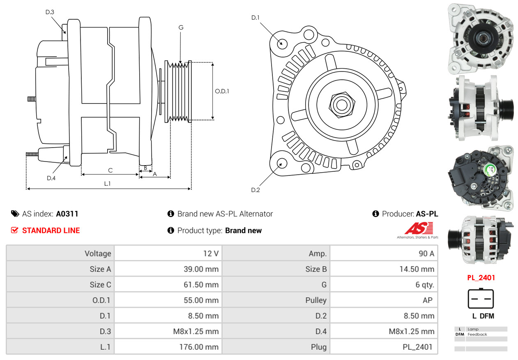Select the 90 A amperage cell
[x=426, y=254]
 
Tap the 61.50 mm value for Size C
[x=201, y=284]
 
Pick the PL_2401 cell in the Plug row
[x=417, y=347]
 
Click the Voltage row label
[x=98, y=254]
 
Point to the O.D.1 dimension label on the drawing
[x=222, y=91]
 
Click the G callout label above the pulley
[x=181, y=28]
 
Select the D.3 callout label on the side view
[x=50, y=12]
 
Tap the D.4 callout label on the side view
[x=51, y=178]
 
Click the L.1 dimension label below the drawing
[x=107, y=184]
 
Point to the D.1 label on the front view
[x=256, y=18]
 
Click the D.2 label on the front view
[x=256, y=190]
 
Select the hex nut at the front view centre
[x=341, y=104]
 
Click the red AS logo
[x=419, y=228]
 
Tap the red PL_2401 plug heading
[x=481, y=277]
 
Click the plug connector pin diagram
[x=481, y=299]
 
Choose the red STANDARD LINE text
[x=51, y=231]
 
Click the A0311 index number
[x=67, y=214]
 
